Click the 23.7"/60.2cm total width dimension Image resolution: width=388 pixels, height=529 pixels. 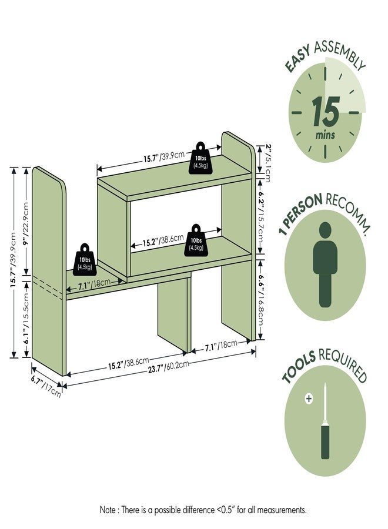point(168,367)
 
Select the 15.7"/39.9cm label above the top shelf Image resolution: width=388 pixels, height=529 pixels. point(164,156)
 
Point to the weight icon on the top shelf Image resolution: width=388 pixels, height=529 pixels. point(200,158)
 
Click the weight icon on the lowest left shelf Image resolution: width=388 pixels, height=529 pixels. point(85,259)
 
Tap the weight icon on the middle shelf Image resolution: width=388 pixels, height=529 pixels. point(196,240)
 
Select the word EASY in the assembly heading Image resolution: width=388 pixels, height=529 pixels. point(297,59)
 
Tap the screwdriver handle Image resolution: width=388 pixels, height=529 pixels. point(325,441)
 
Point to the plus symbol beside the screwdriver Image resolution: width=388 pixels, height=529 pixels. point(309,399)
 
